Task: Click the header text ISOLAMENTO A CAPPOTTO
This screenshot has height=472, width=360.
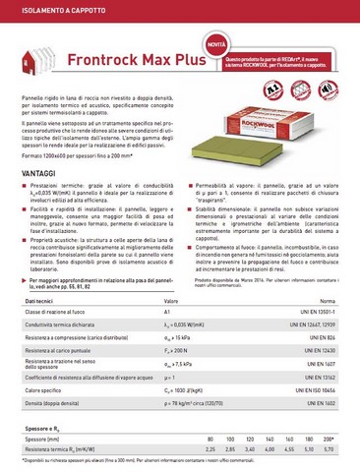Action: click(x=54, y=11)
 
